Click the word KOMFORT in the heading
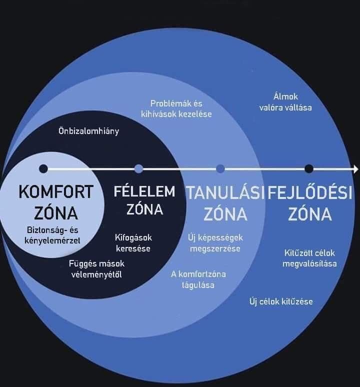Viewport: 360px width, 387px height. (55, 192)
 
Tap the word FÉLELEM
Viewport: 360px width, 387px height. (144, 192)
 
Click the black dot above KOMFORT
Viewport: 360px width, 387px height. (43, 168)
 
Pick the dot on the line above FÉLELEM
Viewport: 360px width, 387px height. (139, 168)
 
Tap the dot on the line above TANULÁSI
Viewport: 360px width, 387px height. (220, 168)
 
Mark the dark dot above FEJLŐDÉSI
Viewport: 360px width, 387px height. (309, 168)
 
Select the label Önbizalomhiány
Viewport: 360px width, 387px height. (89, 132)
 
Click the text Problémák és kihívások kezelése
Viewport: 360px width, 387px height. (176, 109)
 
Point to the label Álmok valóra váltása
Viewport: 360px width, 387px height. (286, 101)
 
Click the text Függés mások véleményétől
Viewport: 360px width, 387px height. (96, 268)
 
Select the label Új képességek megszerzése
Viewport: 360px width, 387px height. (215, 243)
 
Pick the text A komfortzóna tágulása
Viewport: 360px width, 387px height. (198, 279)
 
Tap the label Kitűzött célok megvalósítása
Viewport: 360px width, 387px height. (309, 258)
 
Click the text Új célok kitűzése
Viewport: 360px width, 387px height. (281, 301)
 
